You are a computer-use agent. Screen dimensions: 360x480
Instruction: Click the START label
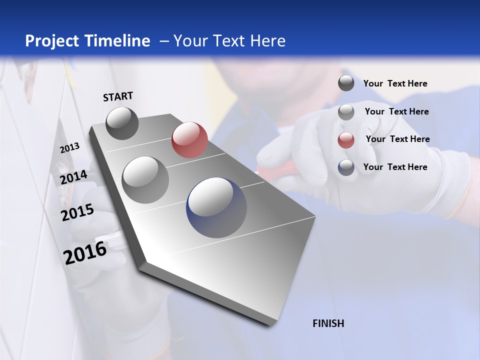click(118, 96)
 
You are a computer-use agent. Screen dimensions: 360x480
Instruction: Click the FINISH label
click(328, 323)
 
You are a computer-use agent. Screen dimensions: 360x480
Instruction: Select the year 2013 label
click(70, 148)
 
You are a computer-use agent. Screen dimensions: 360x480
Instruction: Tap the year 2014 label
click(74, 177)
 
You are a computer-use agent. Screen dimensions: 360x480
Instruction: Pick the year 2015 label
click(77, 212)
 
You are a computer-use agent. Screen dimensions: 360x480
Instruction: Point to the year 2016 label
click(85, 252)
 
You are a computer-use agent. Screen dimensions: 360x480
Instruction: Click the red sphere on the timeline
click(189, 139)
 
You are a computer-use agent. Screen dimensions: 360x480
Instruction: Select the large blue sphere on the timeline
click(216, 207)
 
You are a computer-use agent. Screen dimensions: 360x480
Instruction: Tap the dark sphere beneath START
click(122, 123)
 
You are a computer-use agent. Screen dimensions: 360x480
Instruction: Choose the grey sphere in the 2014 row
click(145, 179)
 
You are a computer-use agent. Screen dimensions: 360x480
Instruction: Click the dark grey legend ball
click(346, 83)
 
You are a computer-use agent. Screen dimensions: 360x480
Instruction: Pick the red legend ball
click(346, 140)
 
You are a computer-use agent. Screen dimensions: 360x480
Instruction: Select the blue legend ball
click(346, 168)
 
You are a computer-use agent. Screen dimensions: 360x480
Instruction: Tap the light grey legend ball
click(346, 112)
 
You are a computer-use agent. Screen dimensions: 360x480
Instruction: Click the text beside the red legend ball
click(397, 139)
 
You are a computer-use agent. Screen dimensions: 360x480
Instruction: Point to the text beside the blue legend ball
click(395, 167)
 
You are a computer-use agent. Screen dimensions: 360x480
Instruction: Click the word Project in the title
click(52, 41)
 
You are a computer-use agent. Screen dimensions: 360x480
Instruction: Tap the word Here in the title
click(267, 41)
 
